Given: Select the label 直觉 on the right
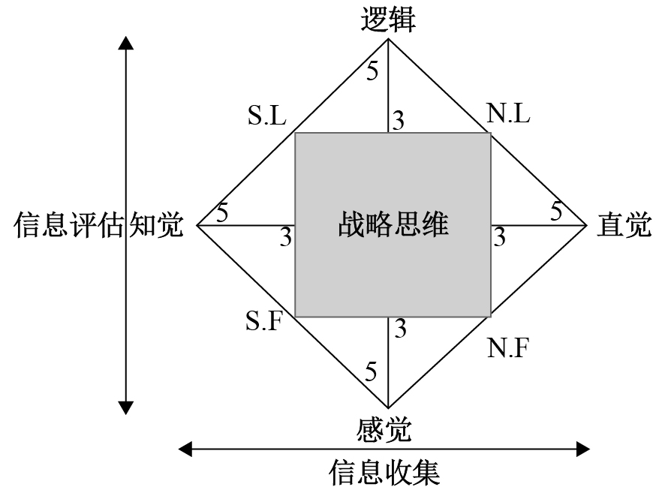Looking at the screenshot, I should (624, 225).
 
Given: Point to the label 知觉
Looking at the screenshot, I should (156, 225).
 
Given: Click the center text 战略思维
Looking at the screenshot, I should (393, 224).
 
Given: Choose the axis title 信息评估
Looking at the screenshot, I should (68, 225).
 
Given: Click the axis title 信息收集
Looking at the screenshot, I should (384, 472).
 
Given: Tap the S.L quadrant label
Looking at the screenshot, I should (266, 116).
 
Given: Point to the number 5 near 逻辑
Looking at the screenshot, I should (372, 71).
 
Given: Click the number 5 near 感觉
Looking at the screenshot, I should (372, 370).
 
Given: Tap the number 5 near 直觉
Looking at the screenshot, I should (556, 212).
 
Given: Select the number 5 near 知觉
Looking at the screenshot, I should (222, 212).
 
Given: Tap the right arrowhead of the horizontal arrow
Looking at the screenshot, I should (583, 449).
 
